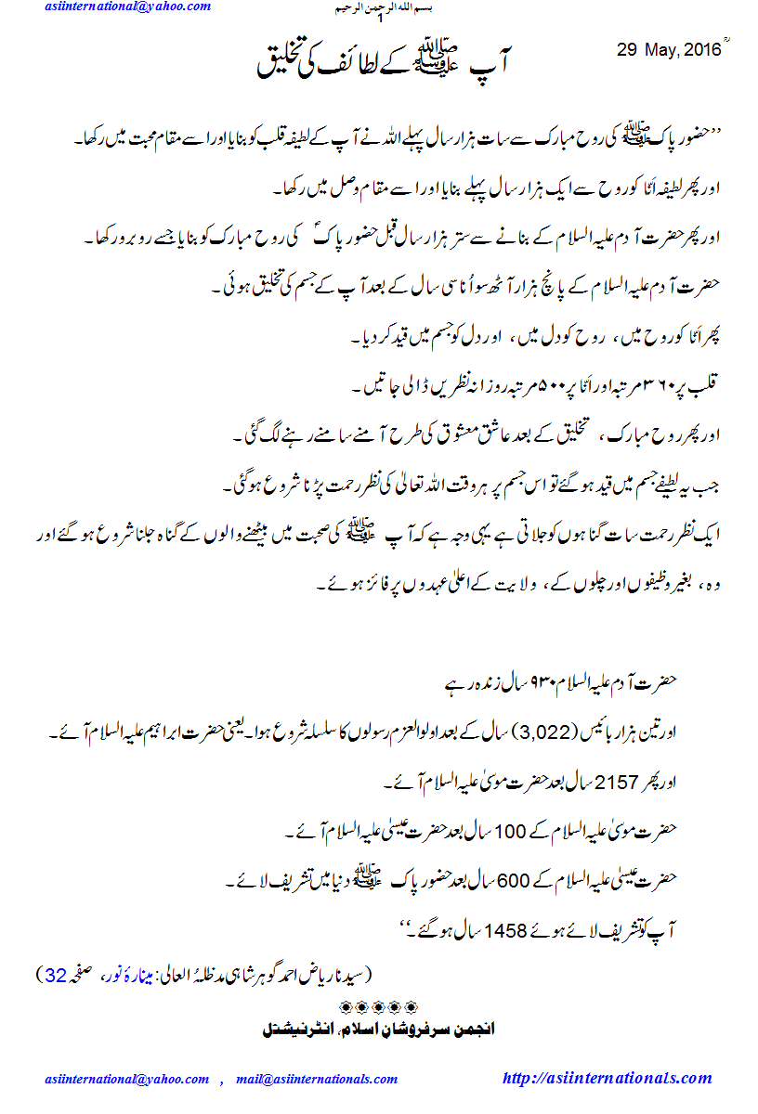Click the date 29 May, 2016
coord(669,51)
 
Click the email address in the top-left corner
coord(127,6)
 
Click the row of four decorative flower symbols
coord(380,1006)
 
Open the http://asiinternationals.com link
coord(607,1079)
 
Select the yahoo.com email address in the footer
coord(127,1080)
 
